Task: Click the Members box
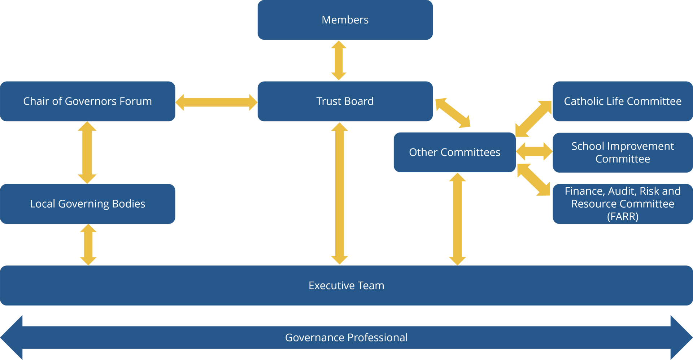(345, 20)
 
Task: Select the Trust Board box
(345, 101)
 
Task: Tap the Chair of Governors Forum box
(87, 101)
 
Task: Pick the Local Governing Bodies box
(87, 204)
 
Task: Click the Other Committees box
(454, 152)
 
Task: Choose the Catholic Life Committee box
(623, 101)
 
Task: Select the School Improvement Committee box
(623, 152)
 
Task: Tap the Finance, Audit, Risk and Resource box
(623, 204)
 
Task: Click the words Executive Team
(346, 286)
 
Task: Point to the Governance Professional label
(346, 337)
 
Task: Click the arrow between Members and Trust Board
(339, 60)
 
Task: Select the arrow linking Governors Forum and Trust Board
(216, 102)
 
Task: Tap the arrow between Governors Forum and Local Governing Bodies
(87, 152)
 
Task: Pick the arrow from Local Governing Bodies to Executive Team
(88, 245)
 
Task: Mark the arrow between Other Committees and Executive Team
(457, 219)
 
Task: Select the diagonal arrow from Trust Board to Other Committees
(453, 113)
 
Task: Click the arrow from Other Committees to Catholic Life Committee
(533, 118)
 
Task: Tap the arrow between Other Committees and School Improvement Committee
(534, 151)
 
